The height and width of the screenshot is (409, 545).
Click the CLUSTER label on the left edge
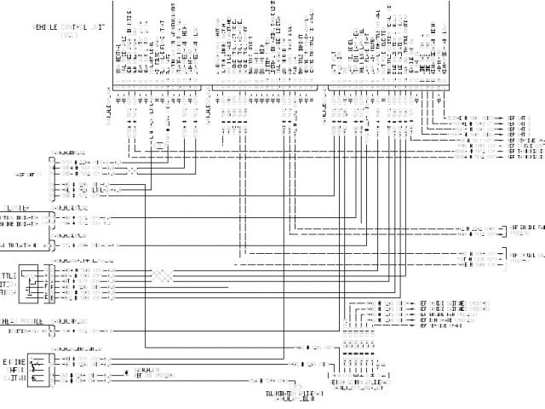19,207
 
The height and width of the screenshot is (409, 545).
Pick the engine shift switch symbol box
38,366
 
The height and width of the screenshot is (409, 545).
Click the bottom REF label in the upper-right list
526,157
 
